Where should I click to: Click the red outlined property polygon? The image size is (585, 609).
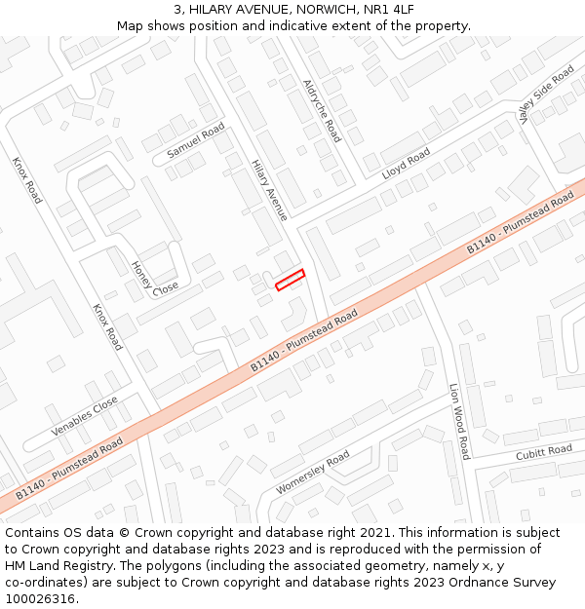290,280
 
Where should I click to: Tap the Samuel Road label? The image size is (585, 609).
195,141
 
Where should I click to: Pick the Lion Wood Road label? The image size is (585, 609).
459,421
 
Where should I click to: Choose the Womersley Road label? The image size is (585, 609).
312,473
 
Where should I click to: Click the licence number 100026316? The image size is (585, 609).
41,599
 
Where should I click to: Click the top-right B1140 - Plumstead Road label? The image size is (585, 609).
520,224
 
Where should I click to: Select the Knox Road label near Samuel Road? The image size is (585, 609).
27,179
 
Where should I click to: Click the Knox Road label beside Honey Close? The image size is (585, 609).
107,326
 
